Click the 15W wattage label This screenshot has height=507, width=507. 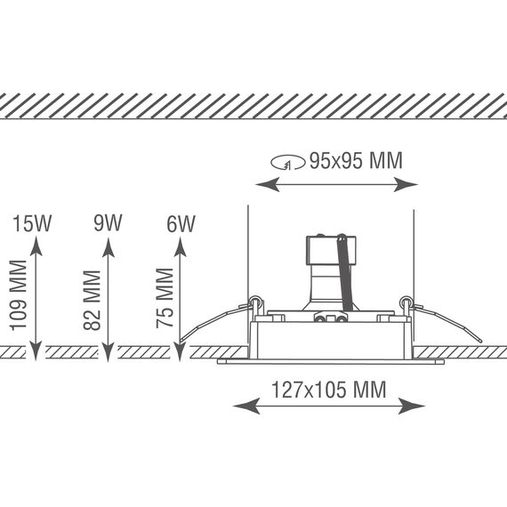click(x=32, y=223)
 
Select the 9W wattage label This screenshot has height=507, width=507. click(x=108, y=222)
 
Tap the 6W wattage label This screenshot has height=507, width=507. click(x=181, y=224)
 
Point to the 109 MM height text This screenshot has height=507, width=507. click(x=18, y=295)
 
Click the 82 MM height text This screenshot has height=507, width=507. click(x=92, y=301)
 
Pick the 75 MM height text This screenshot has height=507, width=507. click(x=165, y=298)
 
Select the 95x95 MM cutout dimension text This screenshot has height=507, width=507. click(x=356, y=160)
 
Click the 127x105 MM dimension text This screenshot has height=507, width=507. click(x=329, y=390)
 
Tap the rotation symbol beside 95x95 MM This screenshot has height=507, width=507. click(x=288, y=163)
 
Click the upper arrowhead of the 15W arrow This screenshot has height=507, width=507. click(x=36, y=246)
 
